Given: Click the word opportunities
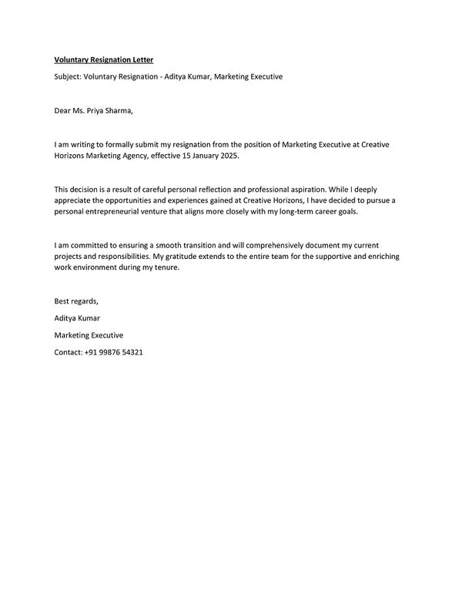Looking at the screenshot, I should coord(132,200).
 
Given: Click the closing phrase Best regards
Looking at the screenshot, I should coord(76,301).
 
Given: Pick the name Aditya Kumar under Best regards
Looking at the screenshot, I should coord(77,317).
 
